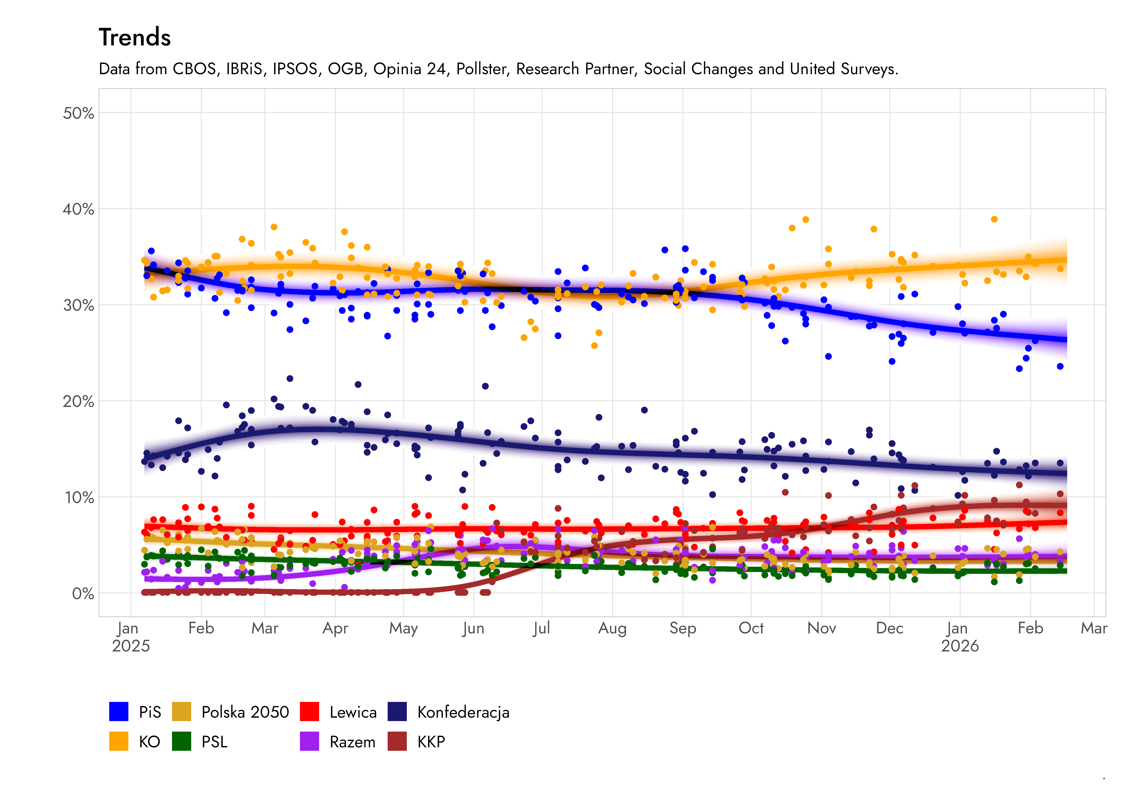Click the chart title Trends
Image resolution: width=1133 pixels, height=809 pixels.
coord(135,37)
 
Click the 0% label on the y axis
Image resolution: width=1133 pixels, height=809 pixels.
coord(83,594)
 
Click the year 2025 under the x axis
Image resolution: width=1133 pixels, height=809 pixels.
coord(130,646)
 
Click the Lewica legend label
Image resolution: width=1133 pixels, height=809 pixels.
coord(353,712)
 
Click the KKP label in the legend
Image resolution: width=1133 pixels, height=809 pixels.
coord(431,742)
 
